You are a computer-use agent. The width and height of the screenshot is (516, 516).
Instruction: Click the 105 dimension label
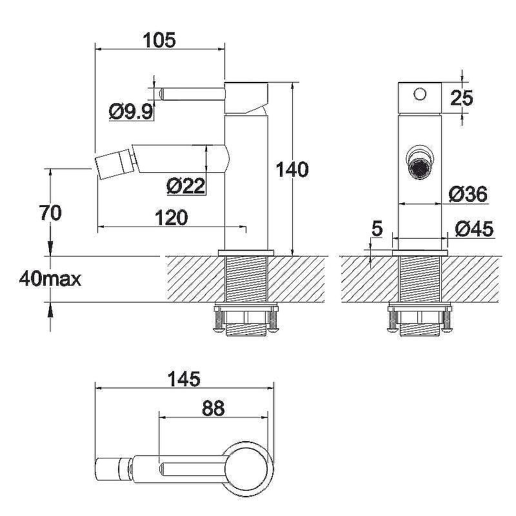coord(159,40)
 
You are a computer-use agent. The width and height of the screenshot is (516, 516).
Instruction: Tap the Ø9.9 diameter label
coord(132,112)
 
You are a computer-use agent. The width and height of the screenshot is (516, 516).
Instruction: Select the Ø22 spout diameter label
coord(186,186)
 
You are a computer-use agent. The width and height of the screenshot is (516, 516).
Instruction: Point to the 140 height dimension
coord(292,170)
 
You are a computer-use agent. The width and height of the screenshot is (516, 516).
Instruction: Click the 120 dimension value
coord(172,217)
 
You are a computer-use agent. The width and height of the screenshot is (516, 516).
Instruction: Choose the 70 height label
coord(50,213)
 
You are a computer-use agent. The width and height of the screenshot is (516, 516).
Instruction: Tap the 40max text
coord(50,279)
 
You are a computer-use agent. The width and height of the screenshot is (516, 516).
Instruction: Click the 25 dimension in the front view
coord(462,98)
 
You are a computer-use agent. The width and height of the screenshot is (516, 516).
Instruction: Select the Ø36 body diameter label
coord(468,194)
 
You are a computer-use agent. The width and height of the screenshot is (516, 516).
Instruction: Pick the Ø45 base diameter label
coord(474,229)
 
